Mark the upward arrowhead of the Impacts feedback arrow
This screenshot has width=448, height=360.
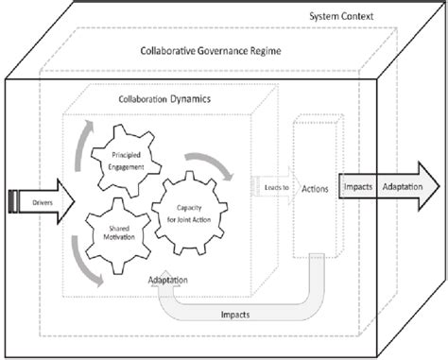176,288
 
